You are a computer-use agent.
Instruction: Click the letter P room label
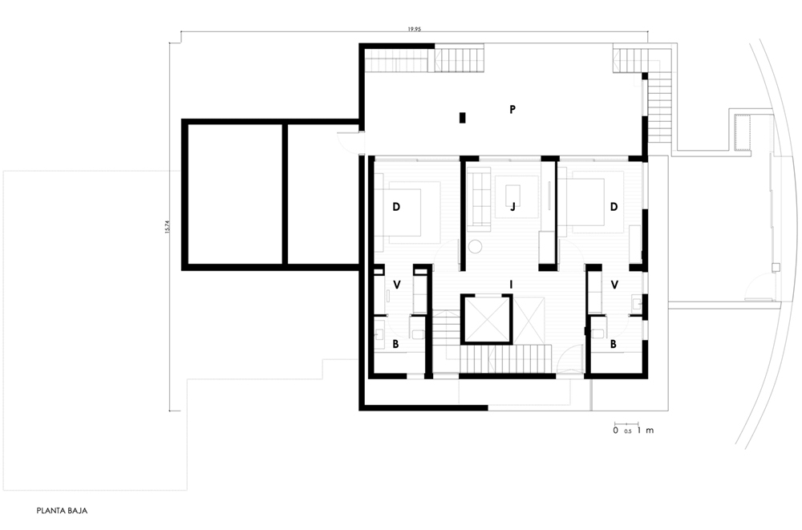(512, 109)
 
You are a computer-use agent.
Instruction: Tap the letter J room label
(512, 207)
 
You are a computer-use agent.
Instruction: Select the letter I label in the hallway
(511, 285)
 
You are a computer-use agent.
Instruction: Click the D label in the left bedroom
(396, 207)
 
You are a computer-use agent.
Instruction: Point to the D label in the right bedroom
(614, 207)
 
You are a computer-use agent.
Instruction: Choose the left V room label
(396, 285)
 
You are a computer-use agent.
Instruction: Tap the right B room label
(614, 344)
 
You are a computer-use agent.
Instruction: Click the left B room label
(395, 344)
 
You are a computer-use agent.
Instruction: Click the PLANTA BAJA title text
(62, 511)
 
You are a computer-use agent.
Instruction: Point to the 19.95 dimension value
(415, 29)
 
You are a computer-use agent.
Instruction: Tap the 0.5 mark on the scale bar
(628, 431)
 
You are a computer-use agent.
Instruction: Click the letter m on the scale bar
(650, 431)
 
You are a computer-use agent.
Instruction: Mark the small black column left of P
(463, 118)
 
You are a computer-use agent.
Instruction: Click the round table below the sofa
(475, 247)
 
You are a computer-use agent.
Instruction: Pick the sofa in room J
(480, 199)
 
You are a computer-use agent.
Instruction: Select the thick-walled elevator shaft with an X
(487, 319)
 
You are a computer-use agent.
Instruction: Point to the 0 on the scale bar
(616, 431)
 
